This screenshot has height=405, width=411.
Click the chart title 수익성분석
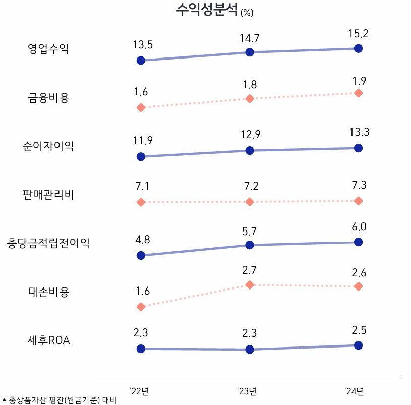pyautogui.click(x=207, y=10)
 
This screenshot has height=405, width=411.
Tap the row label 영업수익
pyautogui.click(x=48, y=49)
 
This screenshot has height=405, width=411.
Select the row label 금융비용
pyautogui.click(x=48, y=98)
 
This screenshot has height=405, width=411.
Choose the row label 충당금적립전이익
pyautogui.click(x=48, y=243)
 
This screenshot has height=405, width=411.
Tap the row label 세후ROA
pyautogui.click(x=48, y=340)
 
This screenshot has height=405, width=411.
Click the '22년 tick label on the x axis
pyautogui.click(x=139, y=391)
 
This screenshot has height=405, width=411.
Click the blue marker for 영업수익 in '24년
pyautogui.click(x=358, y=48)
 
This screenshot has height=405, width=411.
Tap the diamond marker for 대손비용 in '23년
pyautogui.click(x=249, y=285)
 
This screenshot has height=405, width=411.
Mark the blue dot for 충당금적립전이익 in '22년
pyautogui.click(x=141, y=255)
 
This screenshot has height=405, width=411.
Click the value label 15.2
pyautogui.click(x=358, y=34)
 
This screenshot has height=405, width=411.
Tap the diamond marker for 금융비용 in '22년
pyautogui.click(x=141, y=107)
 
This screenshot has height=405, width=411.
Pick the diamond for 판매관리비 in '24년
pyautogui.click(x=358, y=201)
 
